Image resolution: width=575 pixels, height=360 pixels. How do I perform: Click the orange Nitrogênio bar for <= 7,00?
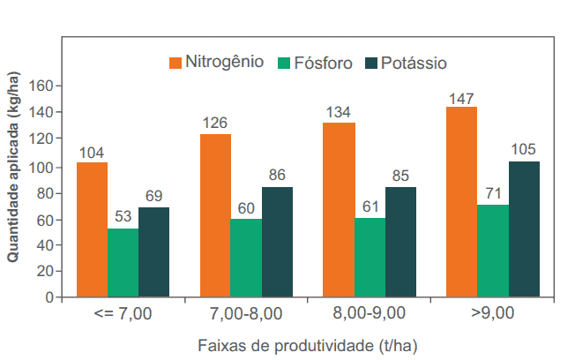click(92, 229)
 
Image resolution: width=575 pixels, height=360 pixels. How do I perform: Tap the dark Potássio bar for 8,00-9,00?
click(400, 242)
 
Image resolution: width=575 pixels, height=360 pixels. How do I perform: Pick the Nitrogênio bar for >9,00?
click(461, 202)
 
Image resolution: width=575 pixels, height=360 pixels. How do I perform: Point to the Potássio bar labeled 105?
click(524, 229)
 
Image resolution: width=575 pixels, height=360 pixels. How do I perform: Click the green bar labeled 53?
click(123, 263)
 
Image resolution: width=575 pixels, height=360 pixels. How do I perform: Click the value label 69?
click(153, 197)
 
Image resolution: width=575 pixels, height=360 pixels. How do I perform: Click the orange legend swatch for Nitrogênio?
click(175, 63)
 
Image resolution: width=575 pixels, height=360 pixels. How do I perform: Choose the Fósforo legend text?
click(324, 63)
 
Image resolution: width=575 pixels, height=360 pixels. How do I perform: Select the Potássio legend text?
click(414, 63)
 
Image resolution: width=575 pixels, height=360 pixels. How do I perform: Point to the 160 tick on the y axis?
click(41, 86)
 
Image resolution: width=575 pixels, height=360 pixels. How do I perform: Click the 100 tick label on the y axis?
click(41, 168)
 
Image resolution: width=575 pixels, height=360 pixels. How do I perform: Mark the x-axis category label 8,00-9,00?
click(370, 311)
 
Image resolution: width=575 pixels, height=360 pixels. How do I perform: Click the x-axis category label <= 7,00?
click(123, 311)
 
